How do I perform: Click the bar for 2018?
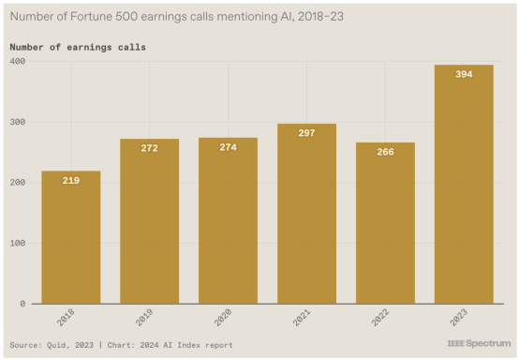click(x=71, y=237)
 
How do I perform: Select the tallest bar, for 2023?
click(x=464, y=184)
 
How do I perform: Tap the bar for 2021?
click(x=307, y=214)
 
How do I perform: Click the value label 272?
click(x=150, y=148)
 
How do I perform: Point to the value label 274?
click(x=229, y=147)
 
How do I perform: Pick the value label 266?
click(x=386, y=152)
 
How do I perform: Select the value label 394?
click(x=464, y=74)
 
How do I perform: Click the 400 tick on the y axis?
click(x=18, y=61)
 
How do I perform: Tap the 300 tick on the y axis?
click(x=18, y=122)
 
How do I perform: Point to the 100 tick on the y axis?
click(x=18, y=243)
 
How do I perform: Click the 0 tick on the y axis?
click(x=22, y=304)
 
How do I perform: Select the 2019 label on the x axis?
click(x=144, y=317)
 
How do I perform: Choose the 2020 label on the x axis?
click(x=223, y=317)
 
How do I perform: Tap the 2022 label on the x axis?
click(x=380, y=317)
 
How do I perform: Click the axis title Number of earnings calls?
click(x=78, y=48)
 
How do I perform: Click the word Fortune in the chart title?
click(x=91, y=16)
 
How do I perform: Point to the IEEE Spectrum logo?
click(x=479, y=343)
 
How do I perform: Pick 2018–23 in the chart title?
click(x=320, y=16)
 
